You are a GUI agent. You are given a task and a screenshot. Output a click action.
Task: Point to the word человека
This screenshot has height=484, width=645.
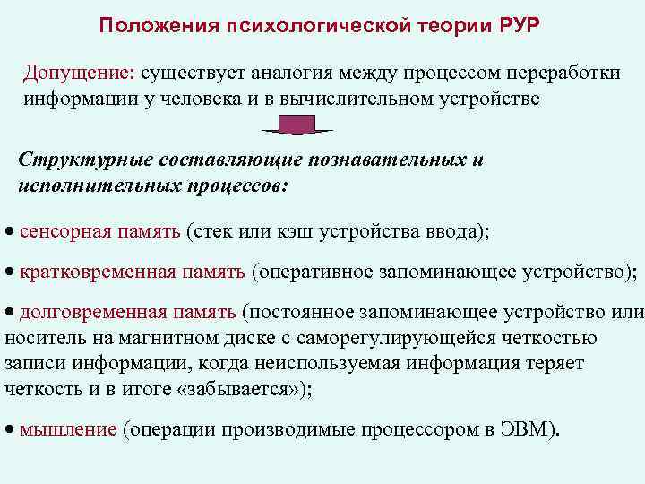pos(189,98)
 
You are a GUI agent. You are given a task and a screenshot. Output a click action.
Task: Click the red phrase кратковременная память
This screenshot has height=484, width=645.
pos(132,272)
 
